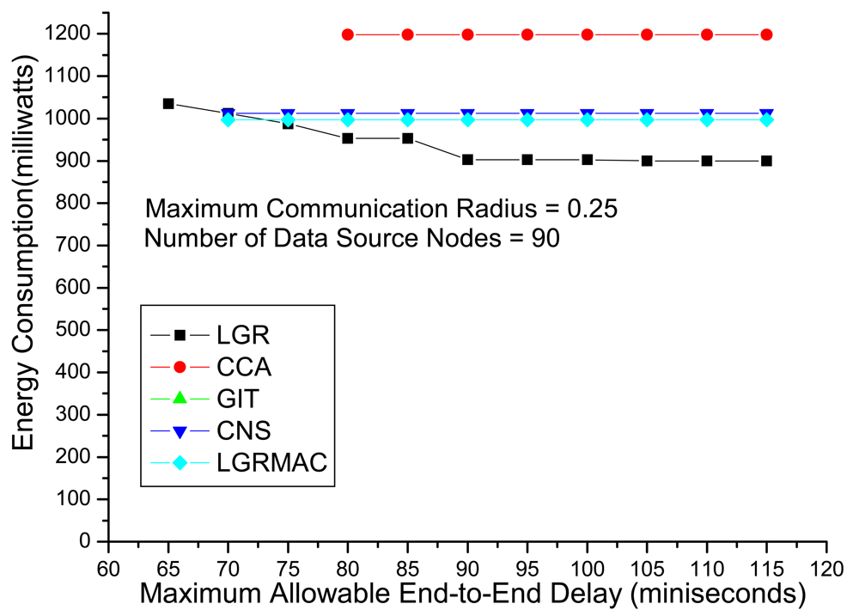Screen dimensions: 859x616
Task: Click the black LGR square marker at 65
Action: point(168,104)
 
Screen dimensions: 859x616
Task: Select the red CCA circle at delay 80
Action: point(348,34)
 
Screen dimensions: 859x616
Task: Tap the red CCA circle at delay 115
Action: point(766,34)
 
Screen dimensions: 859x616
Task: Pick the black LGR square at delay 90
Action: point(467,160)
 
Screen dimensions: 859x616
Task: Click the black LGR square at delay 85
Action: point(407,138)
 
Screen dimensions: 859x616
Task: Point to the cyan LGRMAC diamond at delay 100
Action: point(588,119)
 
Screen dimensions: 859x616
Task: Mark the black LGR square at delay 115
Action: point(766,161)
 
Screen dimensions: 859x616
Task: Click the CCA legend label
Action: point(244,367)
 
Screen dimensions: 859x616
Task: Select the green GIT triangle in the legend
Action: point(180,398)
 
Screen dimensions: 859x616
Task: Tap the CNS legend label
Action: point(244,430)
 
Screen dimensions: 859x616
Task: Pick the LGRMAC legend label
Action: point(271,462)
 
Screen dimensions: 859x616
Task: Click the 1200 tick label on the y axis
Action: point(67,34)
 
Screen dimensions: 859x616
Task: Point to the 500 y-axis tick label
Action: point(73,329)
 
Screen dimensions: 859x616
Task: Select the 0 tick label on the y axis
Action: point(84,541)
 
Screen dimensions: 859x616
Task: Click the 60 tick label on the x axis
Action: point(108,569)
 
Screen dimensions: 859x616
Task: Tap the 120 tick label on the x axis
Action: point(826,569)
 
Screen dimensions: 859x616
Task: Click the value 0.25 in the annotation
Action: point(592,209)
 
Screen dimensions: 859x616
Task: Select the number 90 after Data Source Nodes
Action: point(545,238)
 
